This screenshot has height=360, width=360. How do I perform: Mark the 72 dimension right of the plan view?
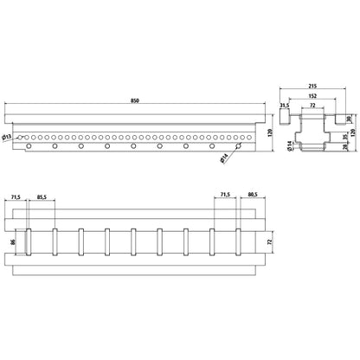(x=270, y=244)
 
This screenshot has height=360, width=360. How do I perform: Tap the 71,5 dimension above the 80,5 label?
(x=227, y=221)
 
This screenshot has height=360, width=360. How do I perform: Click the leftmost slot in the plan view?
(x=29, y=244)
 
